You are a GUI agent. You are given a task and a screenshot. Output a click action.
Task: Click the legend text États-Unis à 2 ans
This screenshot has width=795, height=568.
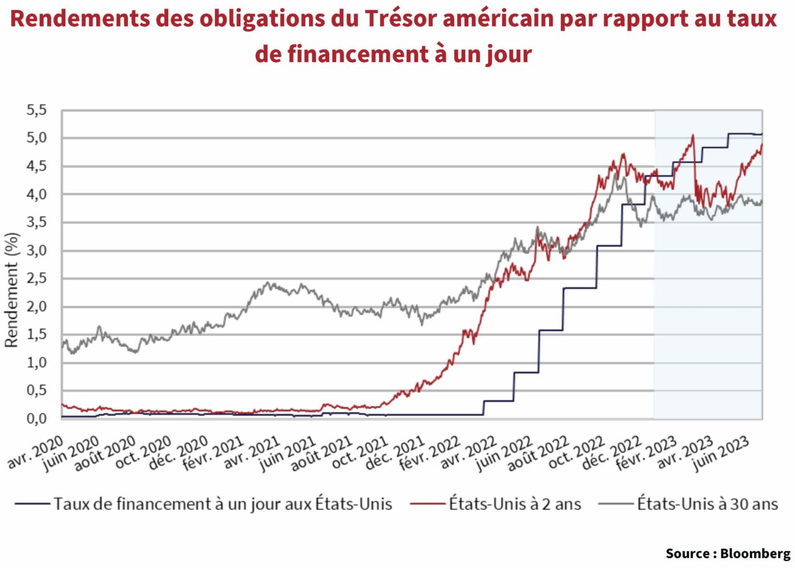tap(514, 503)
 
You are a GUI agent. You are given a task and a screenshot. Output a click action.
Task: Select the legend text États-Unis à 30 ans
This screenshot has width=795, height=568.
tap(707, 503)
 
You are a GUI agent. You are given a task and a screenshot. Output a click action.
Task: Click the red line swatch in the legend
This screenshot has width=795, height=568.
tap(425, 504)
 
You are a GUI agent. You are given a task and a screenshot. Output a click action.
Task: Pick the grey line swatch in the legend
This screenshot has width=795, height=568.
tap(614, 504)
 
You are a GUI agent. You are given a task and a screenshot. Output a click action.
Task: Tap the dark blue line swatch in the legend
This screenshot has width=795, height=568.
tap(31, 504)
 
